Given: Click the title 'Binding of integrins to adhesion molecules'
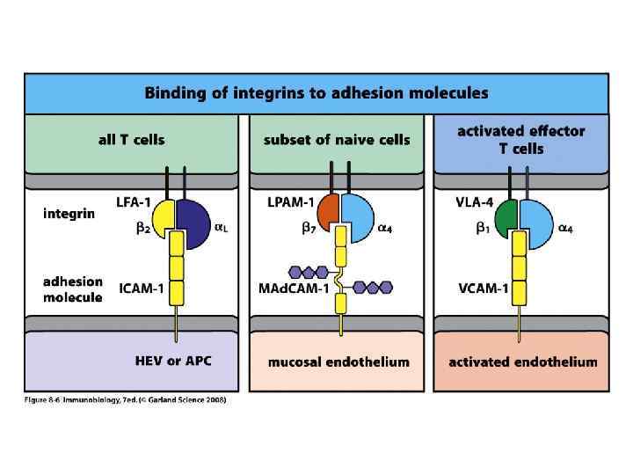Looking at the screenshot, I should (316, 92).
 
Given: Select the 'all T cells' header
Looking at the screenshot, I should (130, 139).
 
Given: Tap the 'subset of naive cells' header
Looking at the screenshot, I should (337, 139).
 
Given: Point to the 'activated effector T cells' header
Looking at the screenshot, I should (521, 139).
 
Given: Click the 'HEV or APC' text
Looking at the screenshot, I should (173, 361).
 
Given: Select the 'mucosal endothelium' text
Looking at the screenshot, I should (338, 362).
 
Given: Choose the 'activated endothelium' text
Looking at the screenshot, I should (522, 362).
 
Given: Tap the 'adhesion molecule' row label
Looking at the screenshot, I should (73, 289).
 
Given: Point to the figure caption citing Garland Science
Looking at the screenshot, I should (126, 401).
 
